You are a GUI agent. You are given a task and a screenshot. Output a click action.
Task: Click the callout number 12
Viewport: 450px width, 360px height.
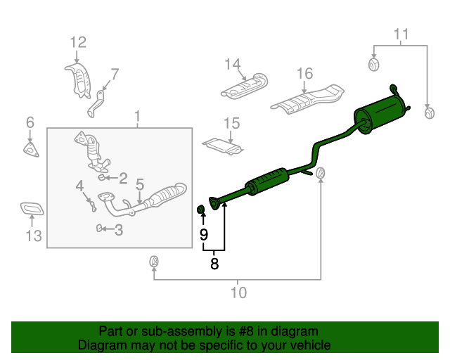tap(78, 42)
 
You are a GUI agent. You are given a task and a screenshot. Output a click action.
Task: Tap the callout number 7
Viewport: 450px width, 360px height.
tap(115, 75)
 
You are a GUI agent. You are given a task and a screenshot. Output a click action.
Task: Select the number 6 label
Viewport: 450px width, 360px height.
tap(30, 122)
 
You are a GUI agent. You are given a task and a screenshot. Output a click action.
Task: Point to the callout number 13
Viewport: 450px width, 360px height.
tap(34, 236)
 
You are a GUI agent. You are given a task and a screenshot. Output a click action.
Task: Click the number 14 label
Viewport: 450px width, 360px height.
tap(232, 64)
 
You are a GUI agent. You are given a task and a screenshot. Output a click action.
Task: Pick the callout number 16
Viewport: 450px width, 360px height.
tap(304, 74)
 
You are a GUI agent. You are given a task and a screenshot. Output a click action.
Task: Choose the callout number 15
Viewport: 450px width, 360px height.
tap(231, 124)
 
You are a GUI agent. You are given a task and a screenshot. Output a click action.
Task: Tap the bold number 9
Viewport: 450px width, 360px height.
tap(203, 235)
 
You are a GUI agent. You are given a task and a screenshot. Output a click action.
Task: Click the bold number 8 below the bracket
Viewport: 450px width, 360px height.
tap(214, 264)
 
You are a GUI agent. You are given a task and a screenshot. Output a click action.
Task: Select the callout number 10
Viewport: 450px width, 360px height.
tap(238, 292)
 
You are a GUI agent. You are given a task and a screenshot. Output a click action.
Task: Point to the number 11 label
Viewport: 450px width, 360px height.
tap(401, 34)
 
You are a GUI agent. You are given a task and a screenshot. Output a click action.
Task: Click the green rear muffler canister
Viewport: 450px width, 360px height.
tap(380, 115)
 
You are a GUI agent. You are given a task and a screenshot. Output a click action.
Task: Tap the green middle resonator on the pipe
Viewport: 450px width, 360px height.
tap(267, 181)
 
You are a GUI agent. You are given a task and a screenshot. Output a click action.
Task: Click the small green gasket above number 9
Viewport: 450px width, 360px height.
tap(201, 210)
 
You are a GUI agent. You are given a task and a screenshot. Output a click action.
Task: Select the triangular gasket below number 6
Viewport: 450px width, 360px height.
tap(31, 150)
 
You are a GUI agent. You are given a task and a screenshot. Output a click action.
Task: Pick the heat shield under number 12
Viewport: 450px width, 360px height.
tap(78, 81)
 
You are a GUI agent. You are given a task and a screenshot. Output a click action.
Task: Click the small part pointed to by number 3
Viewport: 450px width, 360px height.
tap(99, 229)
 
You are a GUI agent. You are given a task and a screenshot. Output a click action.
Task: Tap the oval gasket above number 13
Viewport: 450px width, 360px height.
tap(32, 209)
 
